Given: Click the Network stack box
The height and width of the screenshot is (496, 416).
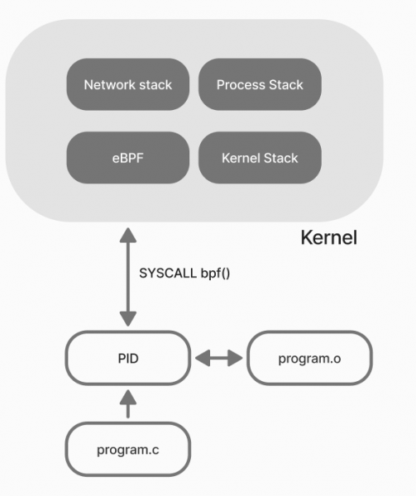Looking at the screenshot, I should pyautogui.click(x=127, y=85).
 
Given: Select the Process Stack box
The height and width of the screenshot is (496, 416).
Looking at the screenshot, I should pyautogui.click(x=260, y=85).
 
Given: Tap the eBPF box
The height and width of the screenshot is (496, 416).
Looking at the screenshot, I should pyautogui.click(x=127, y=157).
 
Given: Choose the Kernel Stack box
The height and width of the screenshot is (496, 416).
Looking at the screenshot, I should pyautogui.click(x=260, y=157).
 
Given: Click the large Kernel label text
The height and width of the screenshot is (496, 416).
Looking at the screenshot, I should pyautogui.click(x=328, y=239).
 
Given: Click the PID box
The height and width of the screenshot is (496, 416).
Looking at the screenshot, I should pyautogui.click(x=127, y=359).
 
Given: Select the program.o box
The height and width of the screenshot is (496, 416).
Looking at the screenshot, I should pyautogui.click(x=310, y=359).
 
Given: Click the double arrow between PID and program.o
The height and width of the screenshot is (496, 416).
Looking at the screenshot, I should pyautogui.click(x=219, y=359).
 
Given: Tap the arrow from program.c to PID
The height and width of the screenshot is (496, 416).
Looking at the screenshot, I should pyautogui.click(x=127, y=404).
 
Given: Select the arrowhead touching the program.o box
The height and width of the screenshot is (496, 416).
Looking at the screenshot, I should pyautogui.click(x=237, y=359).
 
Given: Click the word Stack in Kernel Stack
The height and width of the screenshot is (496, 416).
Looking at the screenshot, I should pyautogui.click(x=280, y=157).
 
